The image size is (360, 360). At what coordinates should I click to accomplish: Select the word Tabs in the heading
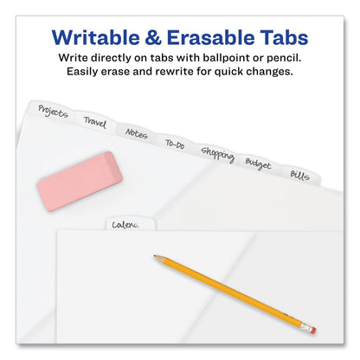(281, 39)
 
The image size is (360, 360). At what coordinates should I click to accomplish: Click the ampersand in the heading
(148, 39)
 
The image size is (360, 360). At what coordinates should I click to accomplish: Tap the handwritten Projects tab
(54, 112)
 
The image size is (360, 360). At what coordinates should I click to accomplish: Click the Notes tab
(136, 133)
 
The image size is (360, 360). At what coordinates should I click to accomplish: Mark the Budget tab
(257, 164)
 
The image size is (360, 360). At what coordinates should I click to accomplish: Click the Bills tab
(299, 175)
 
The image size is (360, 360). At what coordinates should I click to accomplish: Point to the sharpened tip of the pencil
(157, 257)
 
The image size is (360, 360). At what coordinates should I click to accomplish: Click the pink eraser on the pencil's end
(311, 330)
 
